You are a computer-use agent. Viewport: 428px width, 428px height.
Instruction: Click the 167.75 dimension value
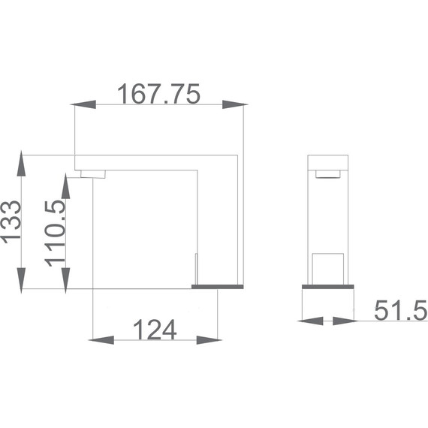coord(158,94)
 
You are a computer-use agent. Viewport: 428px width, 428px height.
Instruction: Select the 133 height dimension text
coord(11,222)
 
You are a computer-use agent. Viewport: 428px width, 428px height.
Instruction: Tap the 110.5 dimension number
coord(55,234)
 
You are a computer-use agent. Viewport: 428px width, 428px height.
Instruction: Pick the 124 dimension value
coord(155,330)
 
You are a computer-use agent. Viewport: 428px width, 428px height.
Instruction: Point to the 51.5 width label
coord(400,310)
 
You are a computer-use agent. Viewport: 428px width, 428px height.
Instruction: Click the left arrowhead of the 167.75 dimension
coord(83,104)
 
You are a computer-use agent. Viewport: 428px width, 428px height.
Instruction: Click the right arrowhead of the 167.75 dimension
coord(235,104)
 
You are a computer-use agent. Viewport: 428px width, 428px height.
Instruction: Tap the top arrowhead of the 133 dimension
coord(21,163)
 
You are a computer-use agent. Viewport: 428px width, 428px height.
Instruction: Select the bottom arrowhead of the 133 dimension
coord(21,281)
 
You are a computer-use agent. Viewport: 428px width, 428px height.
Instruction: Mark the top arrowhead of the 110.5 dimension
coord(65,186)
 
